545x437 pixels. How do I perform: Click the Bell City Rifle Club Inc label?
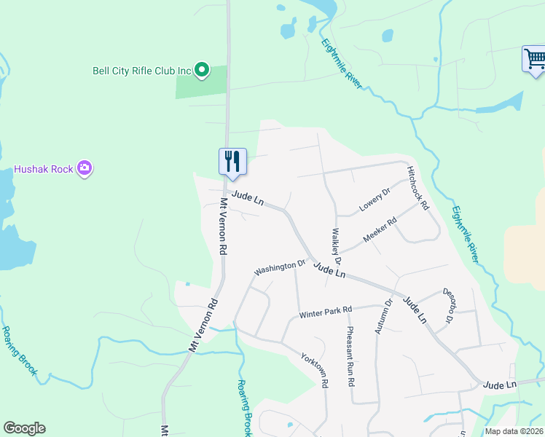coord(141,71)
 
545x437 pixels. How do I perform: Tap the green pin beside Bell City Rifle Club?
coord(202,71)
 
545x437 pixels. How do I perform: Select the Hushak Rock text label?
coord(43,169)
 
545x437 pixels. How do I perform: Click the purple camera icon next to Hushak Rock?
coord(85,168)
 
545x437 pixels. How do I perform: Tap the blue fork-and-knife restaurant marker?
coord(232,161)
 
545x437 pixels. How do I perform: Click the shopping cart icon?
coord(534,59)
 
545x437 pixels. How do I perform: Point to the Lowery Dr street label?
coord(375,202)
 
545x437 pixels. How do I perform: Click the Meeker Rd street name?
coord(380,231)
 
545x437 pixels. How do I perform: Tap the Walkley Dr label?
coord(337,247)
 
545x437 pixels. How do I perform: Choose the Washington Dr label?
coord(279,268)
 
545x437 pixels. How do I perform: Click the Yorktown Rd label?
coord(315,369)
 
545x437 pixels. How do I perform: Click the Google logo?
coord(24,428)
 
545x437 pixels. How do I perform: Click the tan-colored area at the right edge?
coord(525,248)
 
